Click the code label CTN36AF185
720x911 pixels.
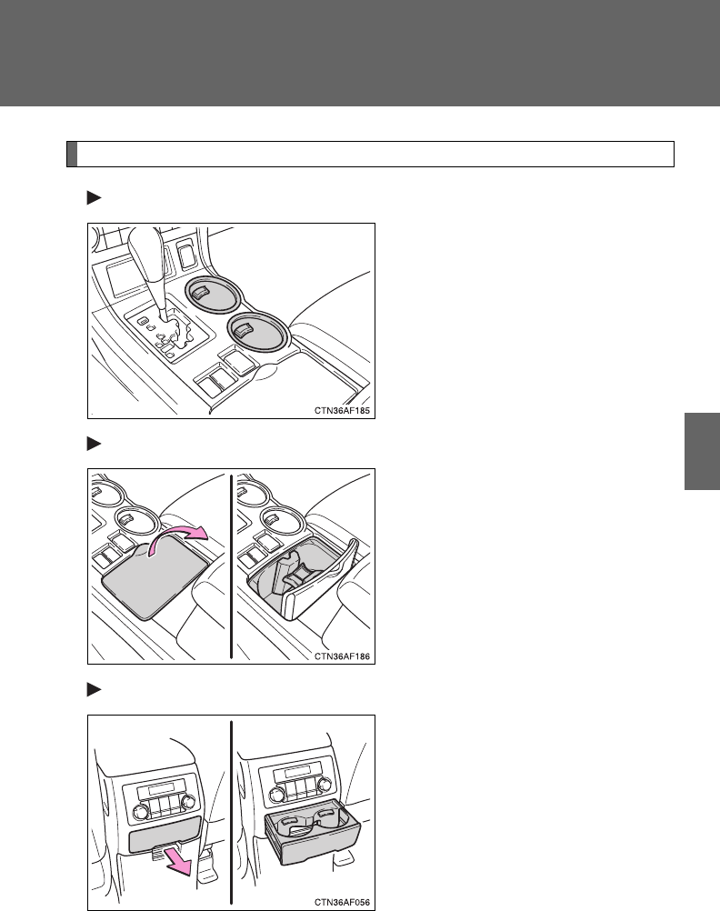pos(342,410)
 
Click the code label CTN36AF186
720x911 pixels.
pos(342,656)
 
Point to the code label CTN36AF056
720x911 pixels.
pos(342,902)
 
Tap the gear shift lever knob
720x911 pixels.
pos(145,255)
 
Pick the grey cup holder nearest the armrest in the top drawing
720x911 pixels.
pos(256,331)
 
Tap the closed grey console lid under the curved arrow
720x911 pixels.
pos(154,578)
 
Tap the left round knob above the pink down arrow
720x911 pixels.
pos(141,812)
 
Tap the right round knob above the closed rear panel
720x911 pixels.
pos(187,801)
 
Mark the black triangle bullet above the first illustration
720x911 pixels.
pos(95,198)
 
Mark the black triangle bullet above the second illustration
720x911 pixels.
pos(95,444)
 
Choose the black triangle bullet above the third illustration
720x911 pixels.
pos(95,690)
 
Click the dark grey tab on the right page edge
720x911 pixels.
pos(702,452)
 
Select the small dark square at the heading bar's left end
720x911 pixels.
pos(72,154)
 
